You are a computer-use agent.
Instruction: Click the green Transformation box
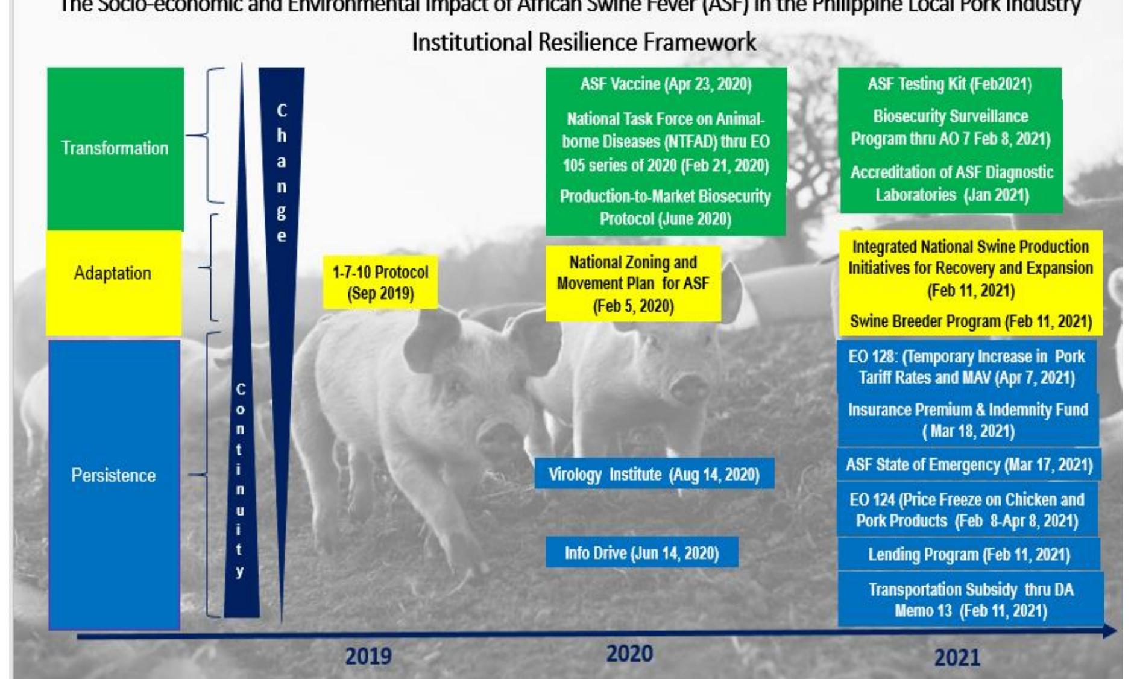point(115,148)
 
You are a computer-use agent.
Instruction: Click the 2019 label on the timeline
point(368,655)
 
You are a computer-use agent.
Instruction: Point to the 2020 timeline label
point(629,654)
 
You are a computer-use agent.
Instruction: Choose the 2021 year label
point(957,657)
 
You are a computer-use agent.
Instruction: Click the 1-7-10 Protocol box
point(380,283)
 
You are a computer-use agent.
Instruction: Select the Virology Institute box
point(654,475)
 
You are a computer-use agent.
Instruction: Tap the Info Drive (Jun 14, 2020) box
point(641,553)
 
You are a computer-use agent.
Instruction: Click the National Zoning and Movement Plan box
point(633,283)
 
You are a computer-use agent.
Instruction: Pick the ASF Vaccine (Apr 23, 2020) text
point(666,84)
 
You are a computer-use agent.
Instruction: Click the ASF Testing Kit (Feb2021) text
point(950,84)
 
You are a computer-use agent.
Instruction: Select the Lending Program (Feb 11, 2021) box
point(969,555)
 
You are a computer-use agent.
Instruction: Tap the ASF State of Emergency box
point(969,465)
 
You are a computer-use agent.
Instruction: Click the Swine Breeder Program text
point(971,321)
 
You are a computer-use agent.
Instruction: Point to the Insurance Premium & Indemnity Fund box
point(968,420)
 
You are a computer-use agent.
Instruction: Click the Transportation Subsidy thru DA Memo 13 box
point(971,600)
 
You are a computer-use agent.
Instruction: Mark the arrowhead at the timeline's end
point(1109,631)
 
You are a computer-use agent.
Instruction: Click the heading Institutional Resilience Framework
point(584,42)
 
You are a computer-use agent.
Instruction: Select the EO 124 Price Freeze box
point(967,510)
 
